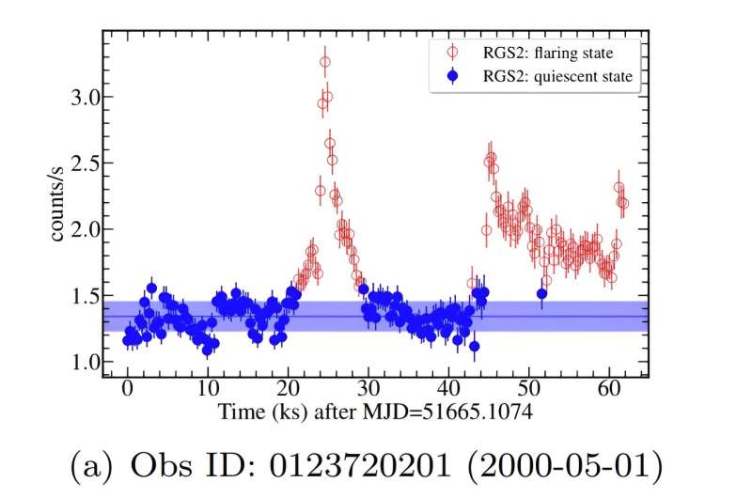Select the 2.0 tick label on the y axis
click(x=79, y=229)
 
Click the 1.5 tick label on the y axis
click(x=79, y=296)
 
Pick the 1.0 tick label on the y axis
click(x=79, y=363)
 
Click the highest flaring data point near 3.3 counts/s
click(x=325, y=62)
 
